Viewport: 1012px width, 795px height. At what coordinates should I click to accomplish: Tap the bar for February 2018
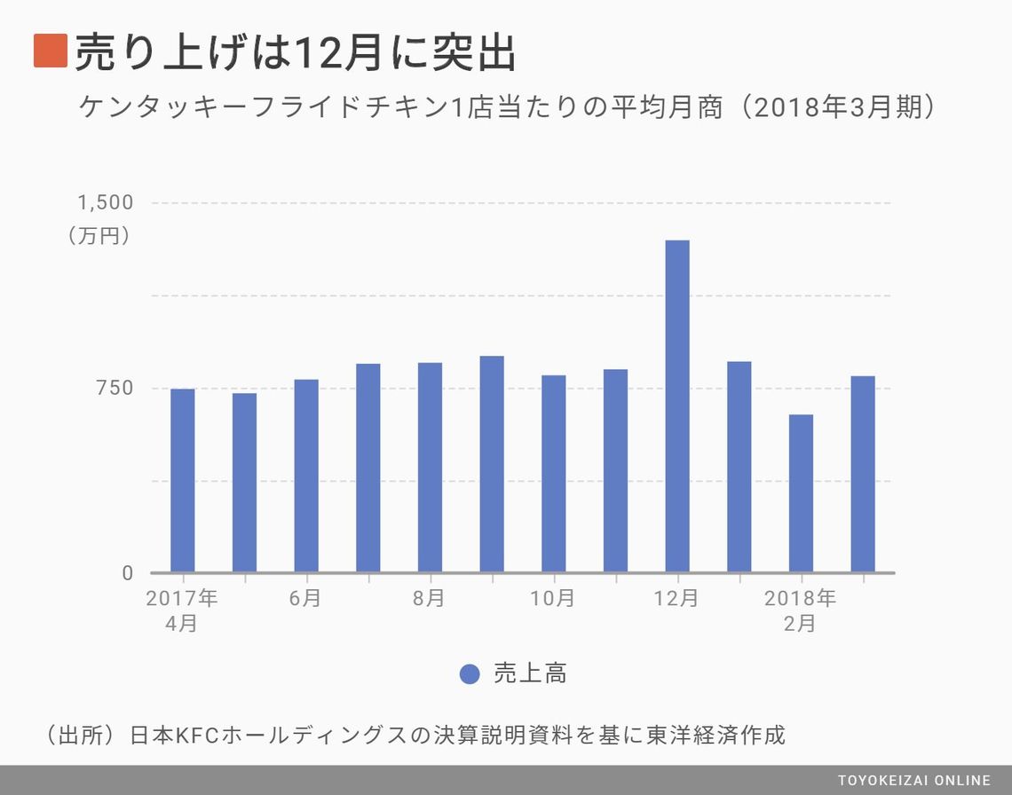pyautogui.click(x=801, y=493)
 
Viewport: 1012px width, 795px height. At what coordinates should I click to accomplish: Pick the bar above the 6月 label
pyautogui.click(x=306, y=476)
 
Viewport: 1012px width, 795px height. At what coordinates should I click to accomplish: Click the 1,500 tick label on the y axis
pyautogui.click(x=106, y=202)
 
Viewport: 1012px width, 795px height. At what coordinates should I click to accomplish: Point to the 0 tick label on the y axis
pyautogui.click(x=128, y=573)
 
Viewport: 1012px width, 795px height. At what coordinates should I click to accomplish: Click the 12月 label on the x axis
pyautogui.click(x=676, y=599)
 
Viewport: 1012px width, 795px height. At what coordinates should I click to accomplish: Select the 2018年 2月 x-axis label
pyautogui.click(x=801, y=610)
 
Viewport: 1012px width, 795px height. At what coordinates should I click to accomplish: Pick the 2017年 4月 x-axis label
pyautogui.click(x=182, y=610)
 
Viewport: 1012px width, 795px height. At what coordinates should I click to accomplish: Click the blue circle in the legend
pyautogui.click(x=470, y=674)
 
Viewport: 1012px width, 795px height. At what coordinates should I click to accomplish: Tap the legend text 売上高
pyautogui.click(x=530, y=674)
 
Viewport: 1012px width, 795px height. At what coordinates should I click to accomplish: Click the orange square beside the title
pyautogui.click(x=50, y=51)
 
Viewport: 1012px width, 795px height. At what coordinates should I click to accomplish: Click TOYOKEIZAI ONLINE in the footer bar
pyautogui.click(x=914, y=781)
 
